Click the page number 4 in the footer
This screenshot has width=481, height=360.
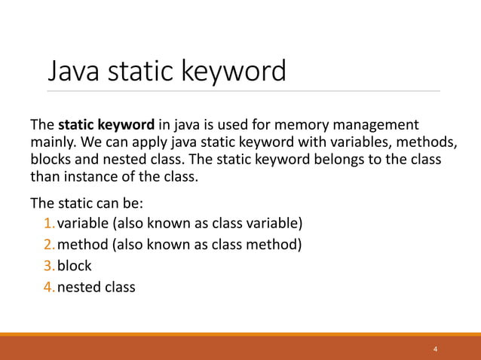435,349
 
